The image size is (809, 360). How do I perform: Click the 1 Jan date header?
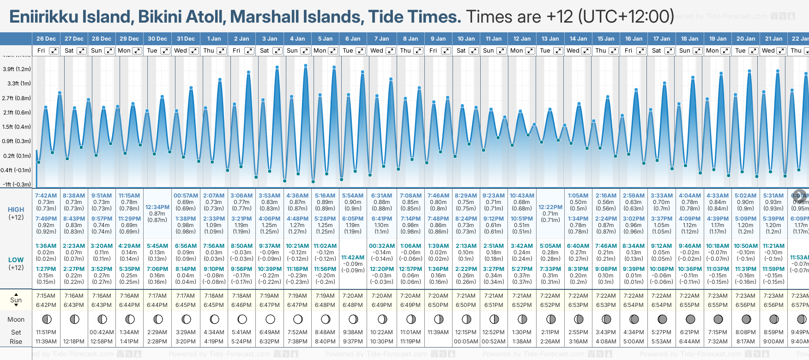tap(214, 39)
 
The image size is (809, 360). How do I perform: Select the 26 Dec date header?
tap(46, 39)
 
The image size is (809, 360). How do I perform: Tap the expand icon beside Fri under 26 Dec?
tap(54, 51)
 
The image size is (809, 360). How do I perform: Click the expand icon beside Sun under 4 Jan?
tap(305, 51)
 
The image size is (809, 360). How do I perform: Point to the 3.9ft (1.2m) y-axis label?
tap(17, 69)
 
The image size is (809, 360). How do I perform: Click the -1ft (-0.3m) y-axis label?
tap(17, 184)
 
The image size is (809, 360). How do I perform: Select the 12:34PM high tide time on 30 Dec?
tap(157, 207)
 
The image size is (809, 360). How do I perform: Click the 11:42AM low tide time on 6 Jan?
tap(353, 258)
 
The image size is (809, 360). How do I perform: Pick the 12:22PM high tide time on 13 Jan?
tap(550, 207)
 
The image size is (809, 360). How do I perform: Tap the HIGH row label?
tap(16, 210)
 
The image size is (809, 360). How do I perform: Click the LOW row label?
tap(16, 260)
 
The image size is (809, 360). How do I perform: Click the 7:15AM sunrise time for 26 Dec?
tap(46, 296)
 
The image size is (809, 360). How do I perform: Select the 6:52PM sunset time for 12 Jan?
tap(522, 305)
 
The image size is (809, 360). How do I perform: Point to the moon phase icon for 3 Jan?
tap(270, 319)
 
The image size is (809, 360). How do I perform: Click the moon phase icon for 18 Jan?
tap(690, 319)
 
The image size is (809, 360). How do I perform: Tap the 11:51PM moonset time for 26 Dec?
tap(46, 332)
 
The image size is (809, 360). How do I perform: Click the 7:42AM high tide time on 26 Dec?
tap(46, 196)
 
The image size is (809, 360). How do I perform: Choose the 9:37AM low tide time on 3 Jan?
tap(269, 246)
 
